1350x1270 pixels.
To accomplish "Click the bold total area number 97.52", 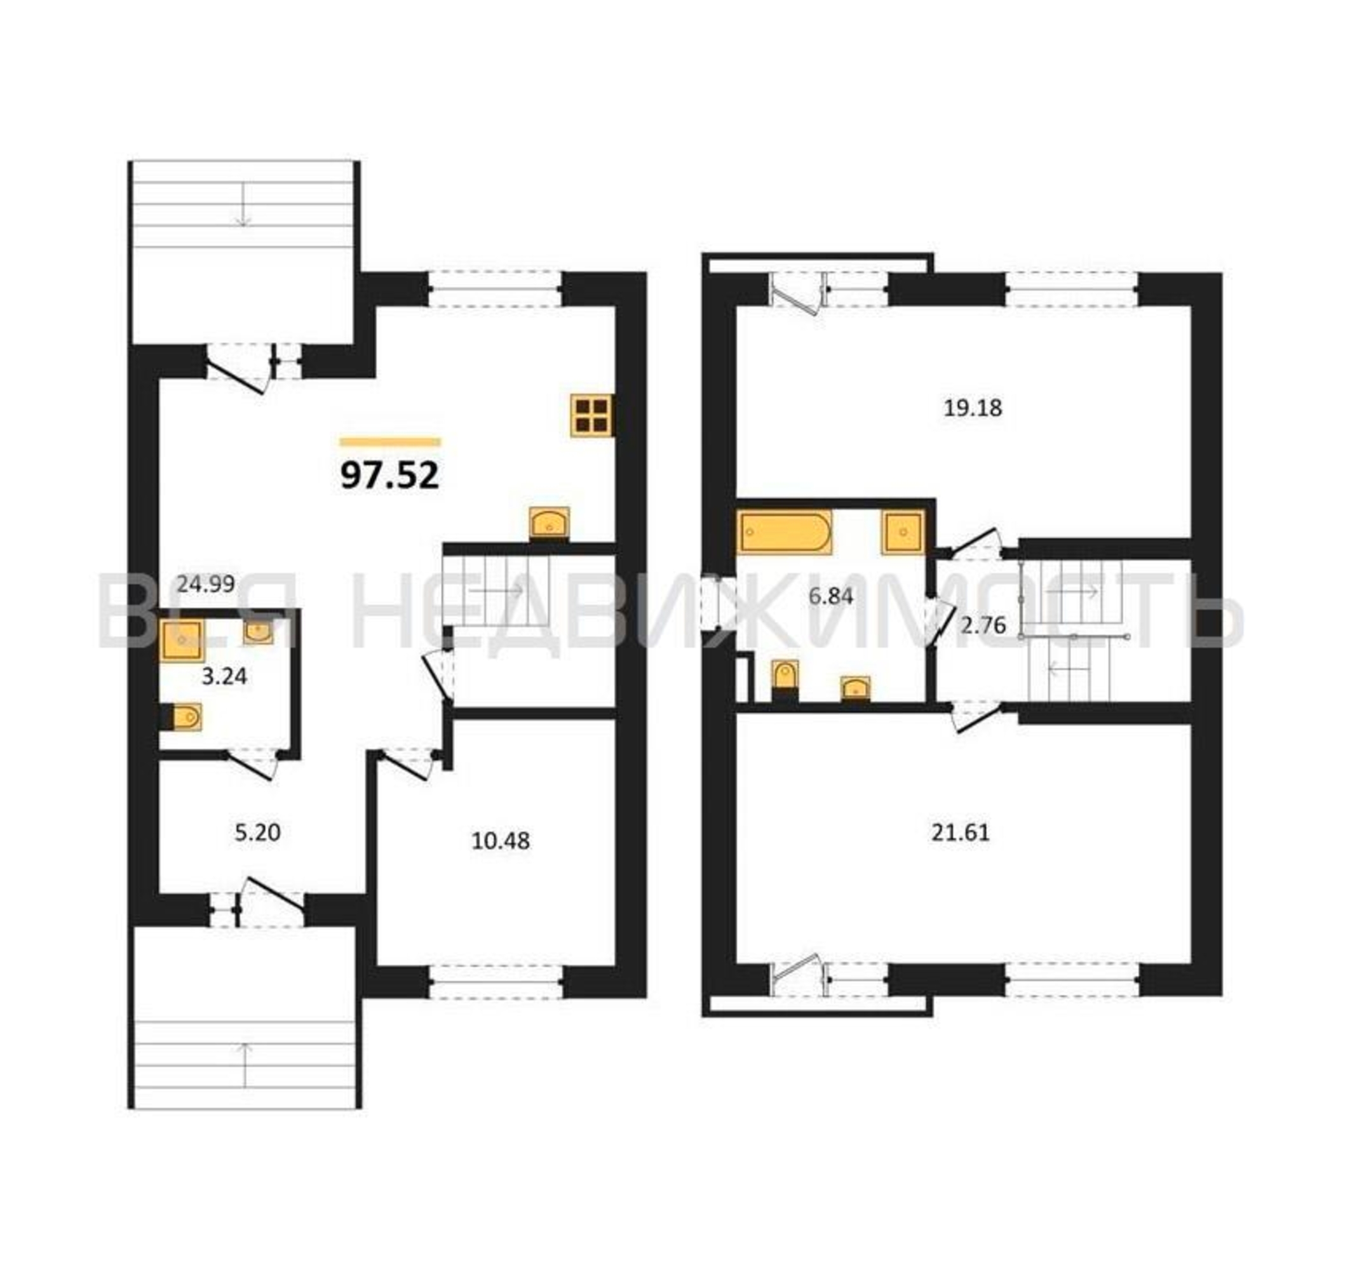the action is tap(390, 476).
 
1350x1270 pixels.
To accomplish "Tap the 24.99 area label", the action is tap(206, 584).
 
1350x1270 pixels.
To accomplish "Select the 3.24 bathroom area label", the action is tap(225, 677).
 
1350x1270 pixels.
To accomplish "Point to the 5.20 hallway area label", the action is tap(257, 832).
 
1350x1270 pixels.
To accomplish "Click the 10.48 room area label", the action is tap(501, 841).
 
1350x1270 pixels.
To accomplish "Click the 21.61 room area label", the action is tap(960, 832).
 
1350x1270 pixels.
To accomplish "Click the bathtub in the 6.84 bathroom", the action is tap(784, 533).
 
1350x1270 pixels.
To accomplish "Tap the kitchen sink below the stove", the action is tap(550, 523).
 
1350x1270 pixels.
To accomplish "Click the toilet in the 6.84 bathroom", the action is tap(786, 679).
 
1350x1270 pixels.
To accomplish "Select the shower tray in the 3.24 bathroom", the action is tap(182, 639).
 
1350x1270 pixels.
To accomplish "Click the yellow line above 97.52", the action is tap(390, 442).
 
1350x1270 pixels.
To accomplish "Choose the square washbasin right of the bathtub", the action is tap(903, 533).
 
